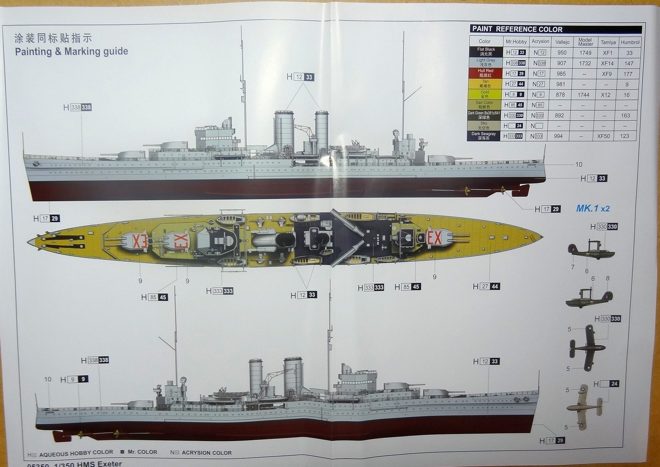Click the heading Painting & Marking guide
tap(71, 52)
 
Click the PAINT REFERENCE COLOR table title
tap(517, 29)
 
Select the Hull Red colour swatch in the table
tap(485, 73)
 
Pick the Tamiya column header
tap(608, 42)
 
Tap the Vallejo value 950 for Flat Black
tap(562, 53)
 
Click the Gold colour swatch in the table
tap(485, 94)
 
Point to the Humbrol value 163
tap(625, 115)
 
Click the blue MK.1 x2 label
tap(592, 209)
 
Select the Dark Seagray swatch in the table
tap(484, 136)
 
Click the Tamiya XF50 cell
tap(603, 136)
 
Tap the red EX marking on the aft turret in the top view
tap(434, 238)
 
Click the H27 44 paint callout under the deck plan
tap(486, 286)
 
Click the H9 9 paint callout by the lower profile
tap(74, 379)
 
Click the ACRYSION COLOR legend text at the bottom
tap(206, 453)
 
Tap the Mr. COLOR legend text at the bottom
tap(142, 452)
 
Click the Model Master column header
tap(585, 42)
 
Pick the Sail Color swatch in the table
tap(484, 105)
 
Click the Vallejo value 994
tap(558, 136)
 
